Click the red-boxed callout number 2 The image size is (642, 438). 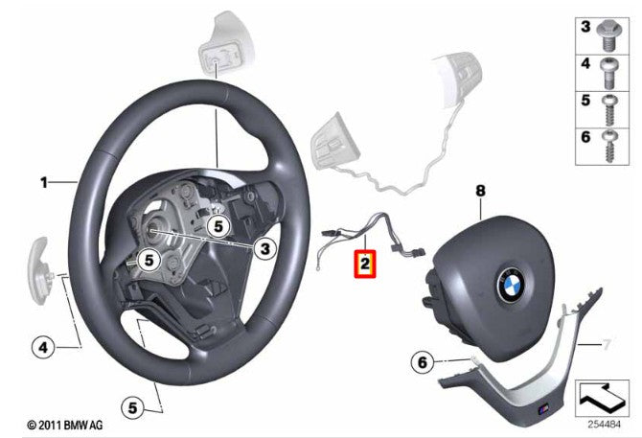tap(365, 264)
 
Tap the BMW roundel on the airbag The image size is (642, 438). tap(512, 286)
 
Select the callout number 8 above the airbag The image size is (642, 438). tap(480, 191)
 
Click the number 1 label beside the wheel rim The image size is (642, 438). tap(44, 182)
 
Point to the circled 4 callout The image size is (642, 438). tap(43, 348)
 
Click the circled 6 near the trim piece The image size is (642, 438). tap(423, 362)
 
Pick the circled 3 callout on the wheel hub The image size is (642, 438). tap(265, 248)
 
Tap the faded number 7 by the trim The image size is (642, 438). tap(608, 345)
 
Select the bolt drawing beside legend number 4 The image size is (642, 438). tap(609, 73)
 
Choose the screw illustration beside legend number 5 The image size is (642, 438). tap(609, 109)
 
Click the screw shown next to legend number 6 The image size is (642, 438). tap(609, 146)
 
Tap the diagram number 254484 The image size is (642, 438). tap(604, 424)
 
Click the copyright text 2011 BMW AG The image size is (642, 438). tap(65, 426)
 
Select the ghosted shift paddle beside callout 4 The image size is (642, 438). tap(39, 270)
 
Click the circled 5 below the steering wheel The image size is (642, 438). tap(132, 407)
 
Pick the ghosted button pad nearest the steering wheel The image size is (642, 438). tap(335, 141)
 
